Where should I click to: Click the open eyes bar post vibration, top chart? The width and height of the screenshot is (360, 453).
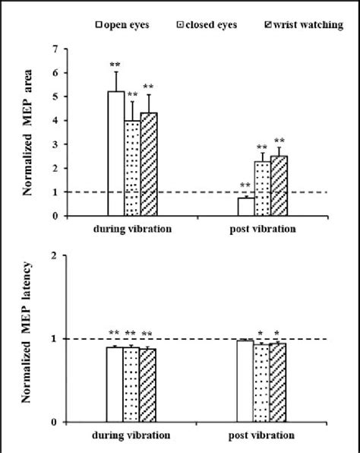pos(245,207)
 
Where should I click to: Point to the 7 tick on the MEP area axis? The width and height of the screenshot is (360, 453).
pos(54,49)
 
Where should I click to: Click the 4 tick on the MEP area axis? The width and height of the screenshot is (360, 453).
pos(54,120)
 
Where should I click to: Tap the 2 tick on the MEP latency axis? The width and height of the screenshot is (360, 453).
pos(54,255)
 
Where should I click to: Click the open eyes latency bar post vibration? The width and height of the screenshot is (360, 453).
pos(245,381)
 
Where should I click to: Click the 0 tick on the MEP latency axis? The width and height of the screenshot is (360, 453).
pos(54,422)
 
